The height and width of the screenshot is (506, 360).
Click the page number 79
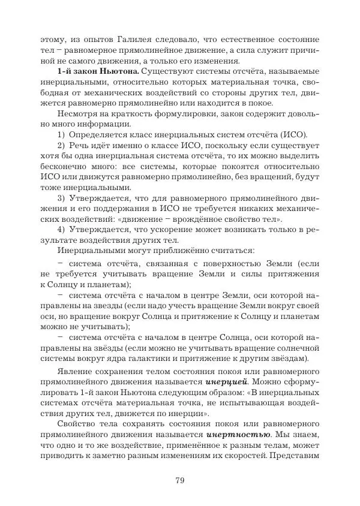pos(179,479)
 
